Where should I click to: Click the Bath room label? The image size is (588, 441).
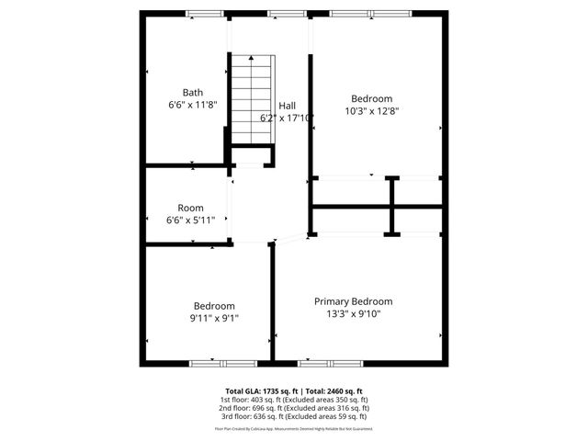pos(192,92)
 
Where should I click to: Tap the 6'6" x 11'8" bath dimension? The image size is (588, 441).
pos(192,105)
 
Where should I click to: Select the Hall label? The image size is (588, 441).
pos(288,105)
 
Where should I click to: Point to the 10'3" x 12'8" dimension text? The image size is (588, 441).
pos(371,111)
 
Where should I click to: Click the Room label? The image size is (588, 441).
pos(191,208)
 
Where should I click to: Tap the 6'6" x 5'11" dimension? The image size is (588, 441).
pos(191,220)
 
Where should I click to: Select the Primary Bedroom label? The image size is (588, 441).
pos(353,301)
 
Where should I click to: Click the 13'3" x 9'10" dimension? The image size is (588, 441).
pos(353,314)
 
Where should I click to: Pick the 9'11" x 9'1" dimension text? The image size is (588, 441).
pos(213,319)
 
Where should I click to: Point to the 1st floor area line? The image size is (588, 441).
pos(294,400)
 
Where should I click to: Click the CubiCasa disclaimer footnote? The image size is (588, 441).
pos(294,428)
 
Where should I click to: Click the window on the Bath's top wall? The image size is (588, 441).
pos(198,13)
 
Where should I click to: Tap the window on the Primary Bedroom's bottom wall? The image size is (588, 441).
pos(330,364)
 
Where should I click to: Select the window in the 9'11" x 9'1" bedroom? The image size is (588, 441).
pos(214,364)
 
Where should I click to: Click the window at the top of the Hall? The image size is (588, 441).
pos(281,13)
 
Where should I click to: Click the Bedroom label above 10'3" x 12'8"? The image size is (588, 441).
pos(371,98)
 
